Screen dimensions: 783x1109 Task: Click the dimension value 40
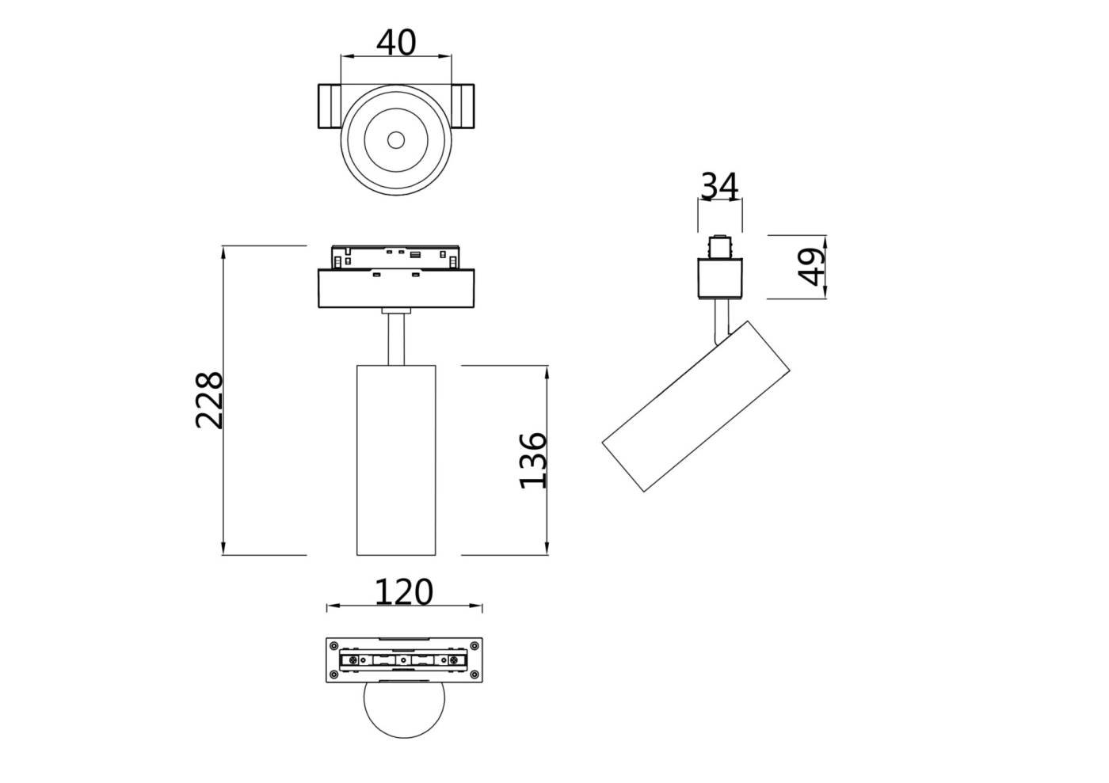tap(395, 42)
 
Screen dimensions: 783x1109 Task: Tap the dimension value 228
tap(210, 400)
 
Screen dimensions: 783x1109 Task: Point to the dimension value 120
tap(404, 591)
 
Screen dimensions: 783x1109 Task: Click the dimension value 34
tap(719, 187)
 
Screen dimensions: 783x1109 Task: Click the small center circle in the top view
tap(396, 141)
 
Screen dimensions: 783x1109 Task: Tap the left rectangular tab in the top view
tap(330, 106)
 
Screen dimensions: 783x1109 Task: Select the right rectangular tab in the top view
tap(463, 106)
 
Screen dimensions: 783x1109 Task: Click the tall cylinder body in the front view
tap(396, 459)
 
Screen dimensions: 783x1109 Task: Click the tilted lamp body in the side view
tap(696, 406)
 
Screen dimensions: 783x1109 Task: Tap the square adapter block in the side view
tap(720, 278)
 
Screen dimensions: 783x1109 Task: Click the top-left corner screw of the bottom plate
tap(334, 644)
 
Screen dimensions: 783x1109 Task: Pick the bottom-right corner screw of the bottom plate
tap(474, 675)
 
